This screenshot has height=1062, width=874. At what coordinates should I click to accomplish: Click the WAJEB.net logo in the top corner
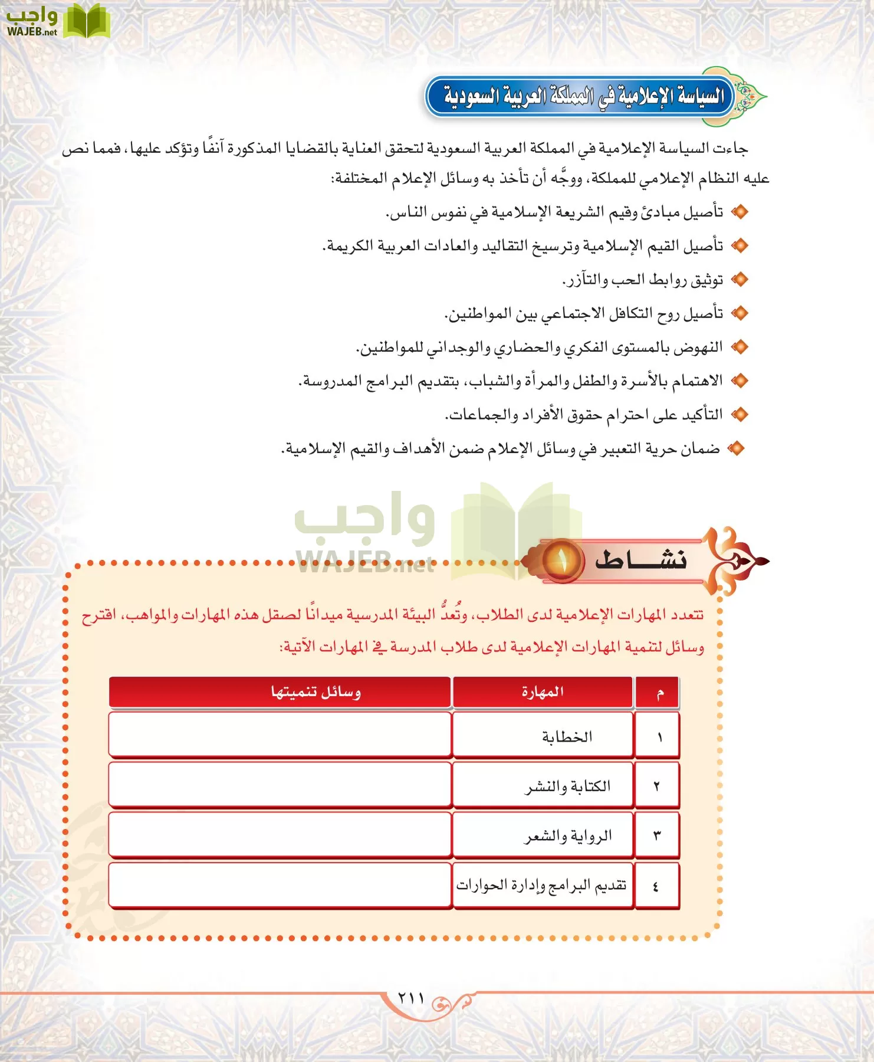pos(57,21)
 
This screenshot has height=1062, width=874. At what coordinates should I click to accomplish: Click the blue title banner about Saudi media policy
pos(581,96)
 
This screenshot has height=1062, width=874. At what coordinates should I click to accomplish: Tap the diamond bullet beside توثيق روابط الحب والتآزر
pos(739,280)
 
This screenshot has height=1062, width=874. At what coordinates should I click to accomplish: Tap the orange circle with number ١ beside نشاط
pos(561,560)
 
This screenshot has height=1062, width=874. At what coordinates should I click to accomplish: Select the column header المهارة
pos(543,691)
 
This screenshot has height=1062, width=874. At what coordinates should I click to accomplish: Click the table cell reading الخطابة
pos(567,736)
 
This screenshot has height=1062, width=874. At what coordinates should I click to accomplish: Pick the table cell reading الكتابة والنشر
pos(568,786)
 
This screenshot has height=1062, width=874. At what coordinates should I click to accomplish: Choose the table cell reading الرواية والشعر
pos(568,835)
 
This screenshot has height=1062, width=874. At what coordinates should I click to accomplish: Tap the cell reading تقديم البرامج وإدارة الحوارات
pos(541,886)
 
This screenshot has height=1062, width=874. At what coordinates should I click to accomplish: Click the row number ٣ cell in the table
pos(657,835)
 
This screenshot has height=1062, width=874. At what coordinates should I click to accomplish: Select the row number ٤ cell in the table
pos(656,886)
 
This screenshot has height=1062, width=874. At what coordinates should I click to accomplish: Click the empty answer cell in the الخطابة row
pos(280,735)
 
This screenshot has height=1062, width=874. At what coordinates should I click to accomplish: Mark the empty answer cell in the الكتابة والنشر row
pos(280,785)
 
